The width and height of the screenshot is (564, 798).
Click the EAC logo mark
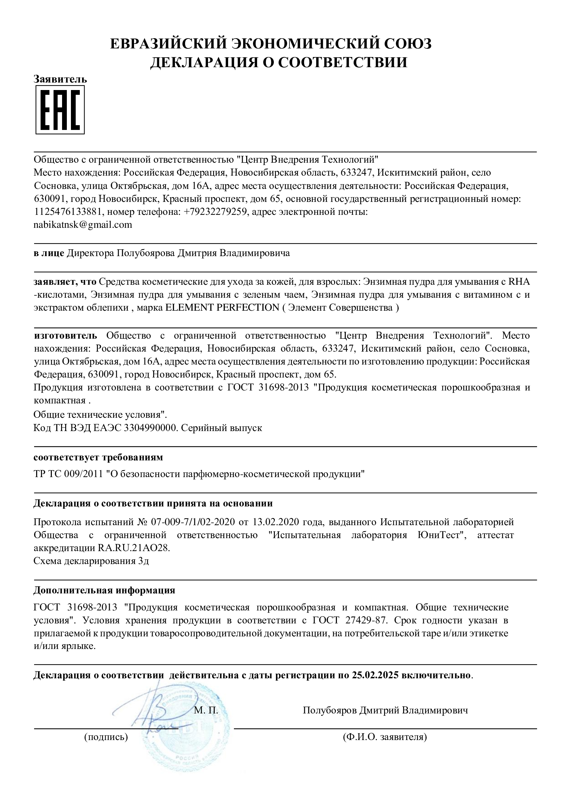click(x=60, y=110)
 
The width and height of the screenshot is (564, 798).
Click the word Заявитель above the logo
click(x=60, y=79)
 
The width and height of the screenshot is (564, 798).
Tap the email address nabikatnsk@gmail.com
click(x=83, y=225)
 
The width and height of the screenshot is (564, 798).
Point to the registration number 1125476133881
click(x=68, y=212)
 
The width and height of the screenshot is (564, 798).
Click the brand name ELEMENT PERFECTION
click(x=222, y=308)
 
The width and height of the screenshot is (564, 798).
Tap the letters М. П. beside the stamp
click(x=206, y=710)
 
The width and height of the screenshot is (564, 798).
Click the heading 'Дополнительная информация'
click(x=104, y=590)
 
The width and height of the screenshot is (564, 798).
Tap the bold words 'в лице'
click(x=49, y=253)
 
